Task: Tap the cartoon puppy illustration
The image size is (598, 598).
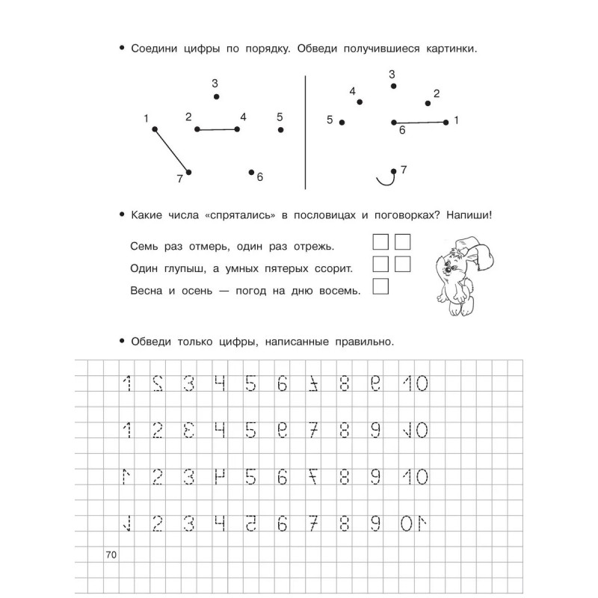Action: click(459, 276)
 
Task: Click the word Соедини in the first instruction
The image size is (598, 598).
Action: click(154, 49)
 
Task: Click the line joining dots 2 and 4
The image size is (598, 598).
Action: click(217, 129)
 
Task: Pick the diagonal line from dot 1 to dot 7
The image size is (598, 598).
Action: click(171, 150)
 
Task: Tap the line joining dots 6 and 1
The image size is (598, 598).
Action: click(419, 122)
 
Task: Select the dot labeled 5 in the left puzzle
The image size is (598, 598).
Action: click(280, 129)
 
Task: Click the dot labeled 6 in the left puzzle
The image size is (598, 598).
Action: click(251, 172)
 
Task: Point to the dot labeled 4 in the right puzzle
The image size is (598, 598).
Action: click(360, 102)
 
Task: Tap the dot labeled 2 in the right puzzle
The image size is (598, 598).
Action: click(428, 104)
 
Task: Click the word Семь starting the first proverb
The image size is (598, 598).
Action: click(144, 246)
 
